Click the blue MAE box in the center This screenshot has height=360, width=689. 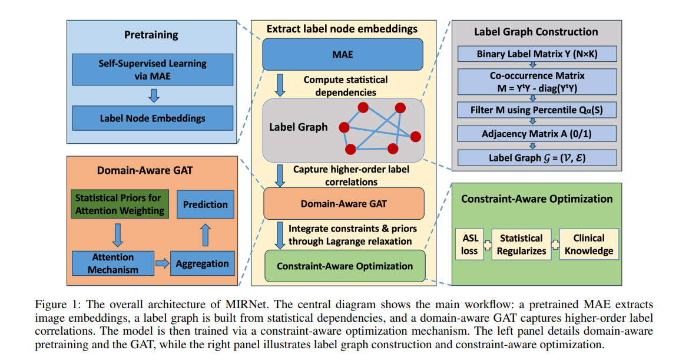pyautogui.click(x=343, y=54)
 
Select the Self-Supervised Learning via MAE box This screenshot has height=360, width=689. pyautogui.click(x=153, y=70)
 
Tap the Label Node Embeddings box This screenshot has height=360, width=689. pyautogui.click(x=153, y=118)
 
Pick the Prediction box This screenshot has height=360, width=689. pyautogui.click(x=205, y=204)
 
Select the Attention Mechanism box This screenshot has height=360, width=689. pyautogui.click(x=112, y=263)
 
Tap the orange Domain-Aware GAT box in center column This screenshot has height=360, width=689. pyautogui.click(x=343, y=203)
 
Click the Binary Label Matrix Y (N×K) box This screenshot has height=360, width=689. pyautogui.click(x=537, y=54)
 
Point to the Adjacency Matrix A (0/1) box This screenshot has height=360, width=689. pyautogui.click(x=537, y=134)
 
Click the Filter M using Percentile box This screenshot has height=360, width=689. pyautogui.click(x=537, y=110)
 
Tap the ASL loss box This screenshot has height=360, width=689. pyautogui.click(x=470, y=244)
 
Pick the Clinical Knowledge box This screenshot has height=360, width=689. pyautogui.click(x=589, y=245)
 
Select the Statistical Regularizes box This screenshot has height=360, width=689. pyautogui.click(x=521, y=245)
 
